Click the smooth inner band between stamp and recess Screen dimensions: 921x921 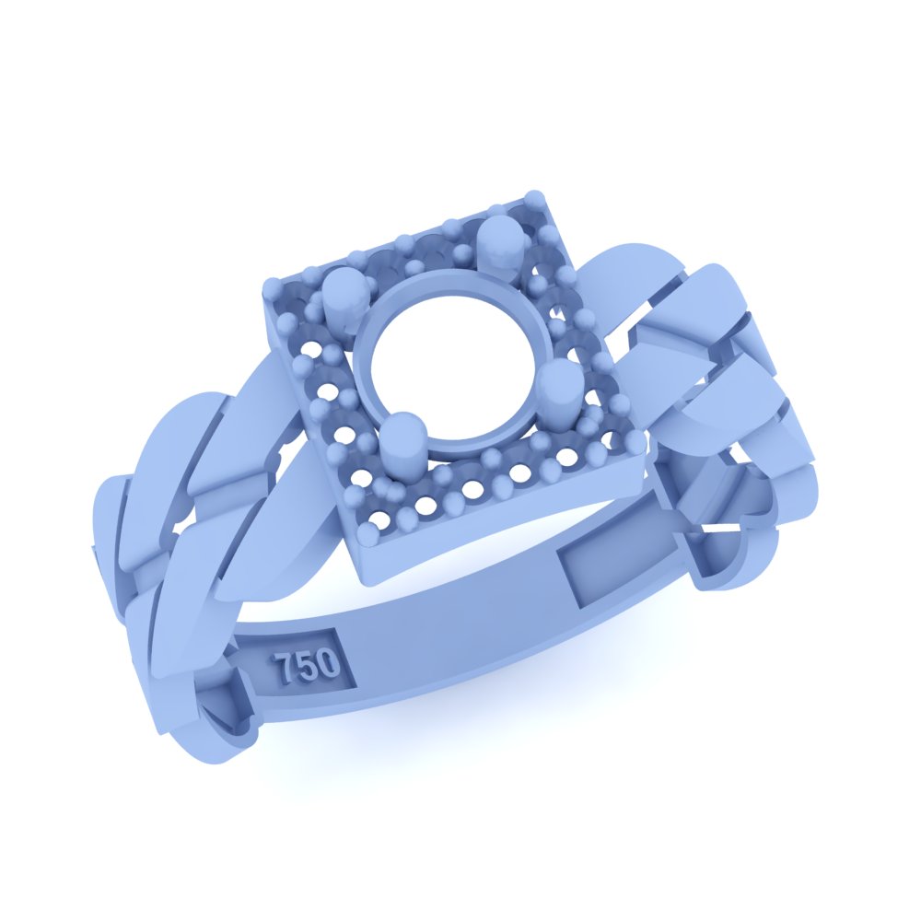tap(451, 626)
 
